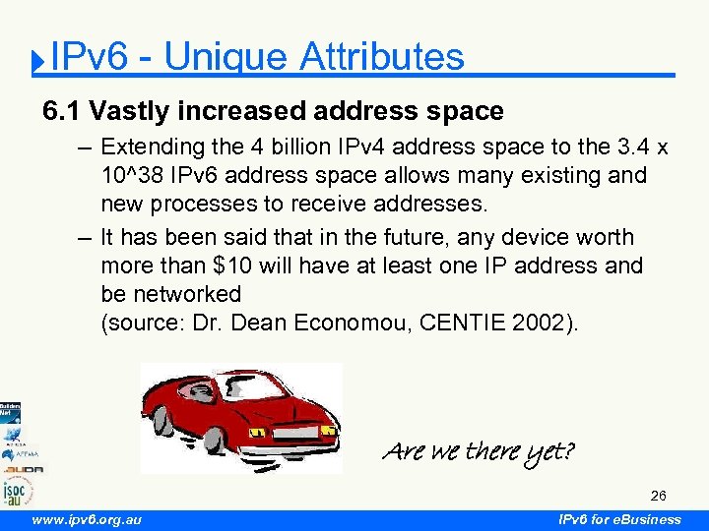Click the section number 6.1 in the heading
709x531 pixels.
coord(62,111)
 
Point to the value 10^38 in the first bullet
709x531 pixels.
coord(132,176)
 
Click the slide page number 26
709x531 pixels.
coord(658,496)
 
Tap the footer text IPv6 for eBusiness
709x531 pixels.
coord(619,519)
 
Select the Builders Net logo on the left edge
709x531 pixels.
coord(10,412)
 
